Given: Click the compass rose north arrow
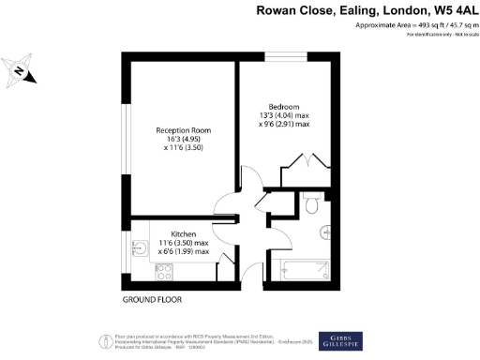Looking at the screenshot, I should [x=20, y=71].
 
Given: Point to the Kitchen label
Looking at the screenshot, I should [x=183, y=233].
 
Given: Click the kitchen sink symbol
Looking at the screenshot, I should [x=138, y=247].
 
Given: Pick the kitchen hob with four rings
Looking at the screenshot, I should [x=163, y=271].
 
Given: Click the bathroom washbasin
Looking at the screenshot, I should [x=325, y=232].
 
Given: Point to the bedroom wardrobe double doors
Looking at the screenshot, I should [x=310, y=161].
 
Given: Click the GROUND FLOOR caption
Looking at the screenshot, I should [x=152, y=300].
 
